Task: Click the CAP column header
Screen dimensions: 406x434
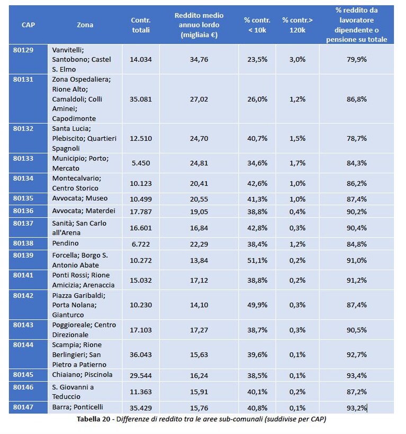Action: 28,25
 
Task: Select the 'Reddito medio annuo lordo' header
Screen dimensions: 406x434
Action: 199,25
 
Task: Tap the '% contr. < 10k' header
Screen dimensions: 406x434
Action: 257,25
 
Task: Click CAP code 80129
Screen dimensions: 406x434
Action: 23,50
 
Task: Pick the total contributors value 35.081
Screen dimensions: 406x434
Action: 141,99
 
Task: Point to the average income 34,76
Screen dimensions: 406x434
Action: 199,59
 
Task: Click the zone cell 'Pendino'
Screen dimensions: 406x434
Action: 65,243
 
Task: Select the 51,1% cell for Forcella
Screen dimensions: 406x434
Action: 257,260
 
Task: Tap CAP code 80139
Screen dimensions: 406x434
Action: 23,255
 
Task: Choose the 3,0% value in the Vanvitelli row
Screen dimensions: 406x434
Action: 297,59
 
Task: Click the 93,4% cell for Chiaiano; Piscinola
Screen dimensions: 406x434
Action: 357,376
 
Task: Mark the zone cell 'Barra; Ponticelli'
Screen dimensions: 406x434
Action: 77,407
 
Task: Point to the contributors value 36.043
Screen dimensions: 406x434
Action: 141,355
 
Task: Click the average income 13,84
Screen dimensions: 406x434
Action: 199,260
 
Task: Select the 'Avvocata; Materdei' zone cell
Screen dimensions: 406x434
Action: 84,211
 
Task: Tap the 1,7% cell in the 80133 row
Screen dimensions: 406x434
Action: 297,163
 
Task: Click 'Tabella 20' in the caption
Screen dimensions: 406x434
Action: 94,419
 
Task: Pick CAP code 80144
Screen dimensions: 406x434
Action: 23,345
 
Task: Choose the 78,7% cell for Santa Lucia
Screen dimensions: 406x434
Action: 357,138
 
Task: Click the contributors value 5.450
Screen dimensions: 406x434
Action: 141,163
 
